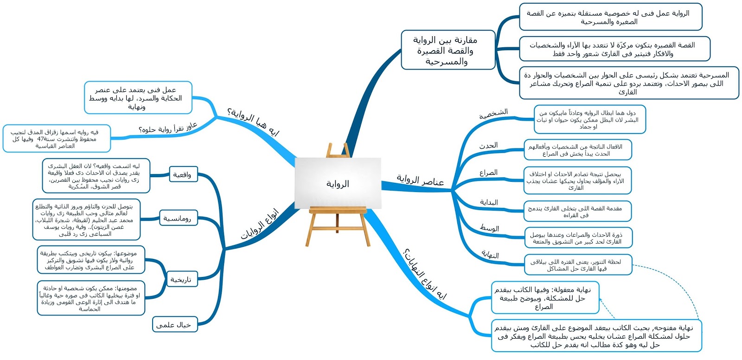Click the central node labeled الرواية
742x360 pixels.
tap(338, 184)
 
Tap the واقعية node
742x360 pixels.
tap(182, 175)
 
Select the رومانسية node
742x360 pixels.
tap(177, 219)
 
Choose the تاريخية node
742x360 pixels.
tap(180, 280)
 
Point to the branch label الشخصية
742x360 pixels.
tap(493, 113)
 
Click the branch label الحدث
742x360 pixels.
tap(488, 146)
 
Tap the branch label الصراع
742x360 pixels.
tap(488, 173)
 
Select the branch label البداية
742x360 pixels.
tap(489, 202)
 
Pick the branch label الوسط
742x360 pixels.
tap(489, 228)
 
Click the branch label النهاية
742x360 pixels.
tap(490, 255)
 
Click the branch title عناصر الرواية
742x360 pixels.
tap(420, 180)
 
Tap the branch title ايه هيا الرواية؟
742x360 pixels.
tap(253, 122)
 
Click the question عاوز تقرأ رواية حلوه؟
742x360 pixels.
tap(168, 128)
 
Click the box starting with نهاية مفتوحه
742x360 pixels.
tap(597, 336)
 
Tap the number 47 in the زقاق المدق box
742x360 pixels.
tap(41, 139)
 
